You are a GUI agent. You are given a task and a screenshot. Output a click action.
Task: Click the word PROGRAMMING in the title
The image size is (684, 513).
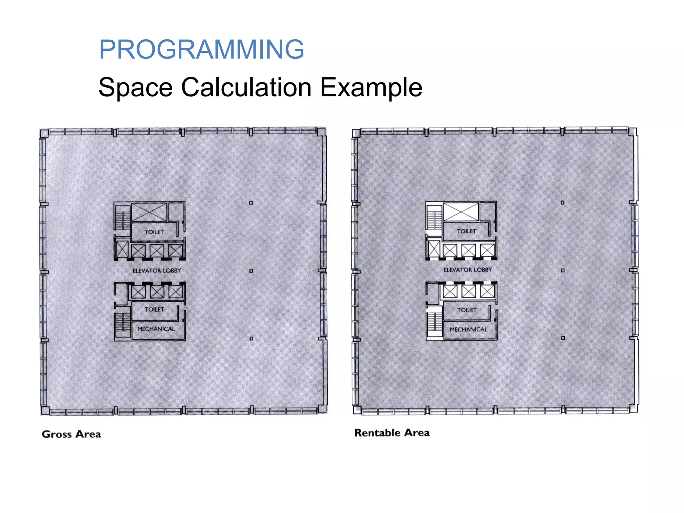coord(201,49)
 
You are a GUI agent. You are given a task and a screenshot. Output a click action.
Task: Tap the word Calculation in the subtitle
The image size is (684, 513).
coord(246,88)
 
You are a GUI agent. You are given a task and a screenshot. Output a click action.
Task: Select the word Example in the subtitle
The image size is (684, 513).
coord(371,88)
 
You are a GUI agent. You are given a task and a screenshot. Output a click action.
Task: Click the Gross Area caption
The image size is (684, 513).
coord(71,434)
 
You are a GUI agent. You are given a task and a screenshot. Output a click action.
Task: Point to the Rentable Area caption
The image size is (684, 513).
coord(392,433)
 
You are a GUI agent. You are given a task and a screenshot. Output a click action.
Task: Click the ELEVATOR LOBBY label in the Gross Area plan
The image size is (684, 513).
coord(157,271)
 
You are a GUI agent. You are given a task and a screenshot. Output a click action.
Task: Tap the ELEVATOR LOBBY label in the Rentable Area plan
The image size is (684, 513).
coord(468,270)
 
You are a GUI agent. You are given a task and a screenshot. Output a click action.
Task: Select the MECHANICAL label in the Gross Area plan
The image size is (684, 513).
coord(156,329)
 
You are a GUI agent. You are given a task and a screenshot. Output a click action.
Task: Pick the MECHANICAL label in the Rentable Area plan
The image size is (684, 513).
coord(468,330)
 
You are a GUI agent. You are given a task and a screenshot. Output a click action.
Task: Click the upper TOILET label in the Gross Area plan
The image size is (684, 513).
coord(154,232)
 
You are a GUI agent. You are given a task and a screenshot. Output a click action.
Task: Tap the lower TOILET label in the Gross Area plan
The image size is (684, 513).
coord(154,310)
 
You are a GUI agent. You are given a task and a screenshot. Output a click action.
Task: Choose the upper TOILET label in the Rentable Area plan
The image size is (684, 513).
coord(466,231)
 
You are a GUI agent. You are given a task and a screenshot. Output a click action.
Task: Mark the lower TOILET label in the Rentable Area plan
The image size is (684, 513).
coord(467,310)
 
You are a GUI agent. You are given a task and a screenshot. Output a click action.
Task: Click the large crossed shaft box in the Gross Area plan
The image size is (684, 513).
coord(149,212)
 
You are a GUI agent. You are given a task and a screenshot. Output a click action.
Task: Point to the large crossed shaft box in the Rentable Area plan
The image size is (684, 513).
coord(461,211)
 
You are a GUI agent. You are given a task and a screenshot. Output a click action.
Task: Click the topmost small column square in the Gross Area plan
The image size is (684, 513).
coord(251,203)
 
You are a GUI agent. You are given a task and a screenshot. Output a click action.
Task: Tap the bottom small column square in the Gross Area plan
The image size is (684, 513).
coord(251,338)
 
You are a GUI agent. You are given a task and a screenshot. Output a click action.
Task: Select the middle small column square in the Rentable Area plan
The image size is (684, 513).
coord(563,270)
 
